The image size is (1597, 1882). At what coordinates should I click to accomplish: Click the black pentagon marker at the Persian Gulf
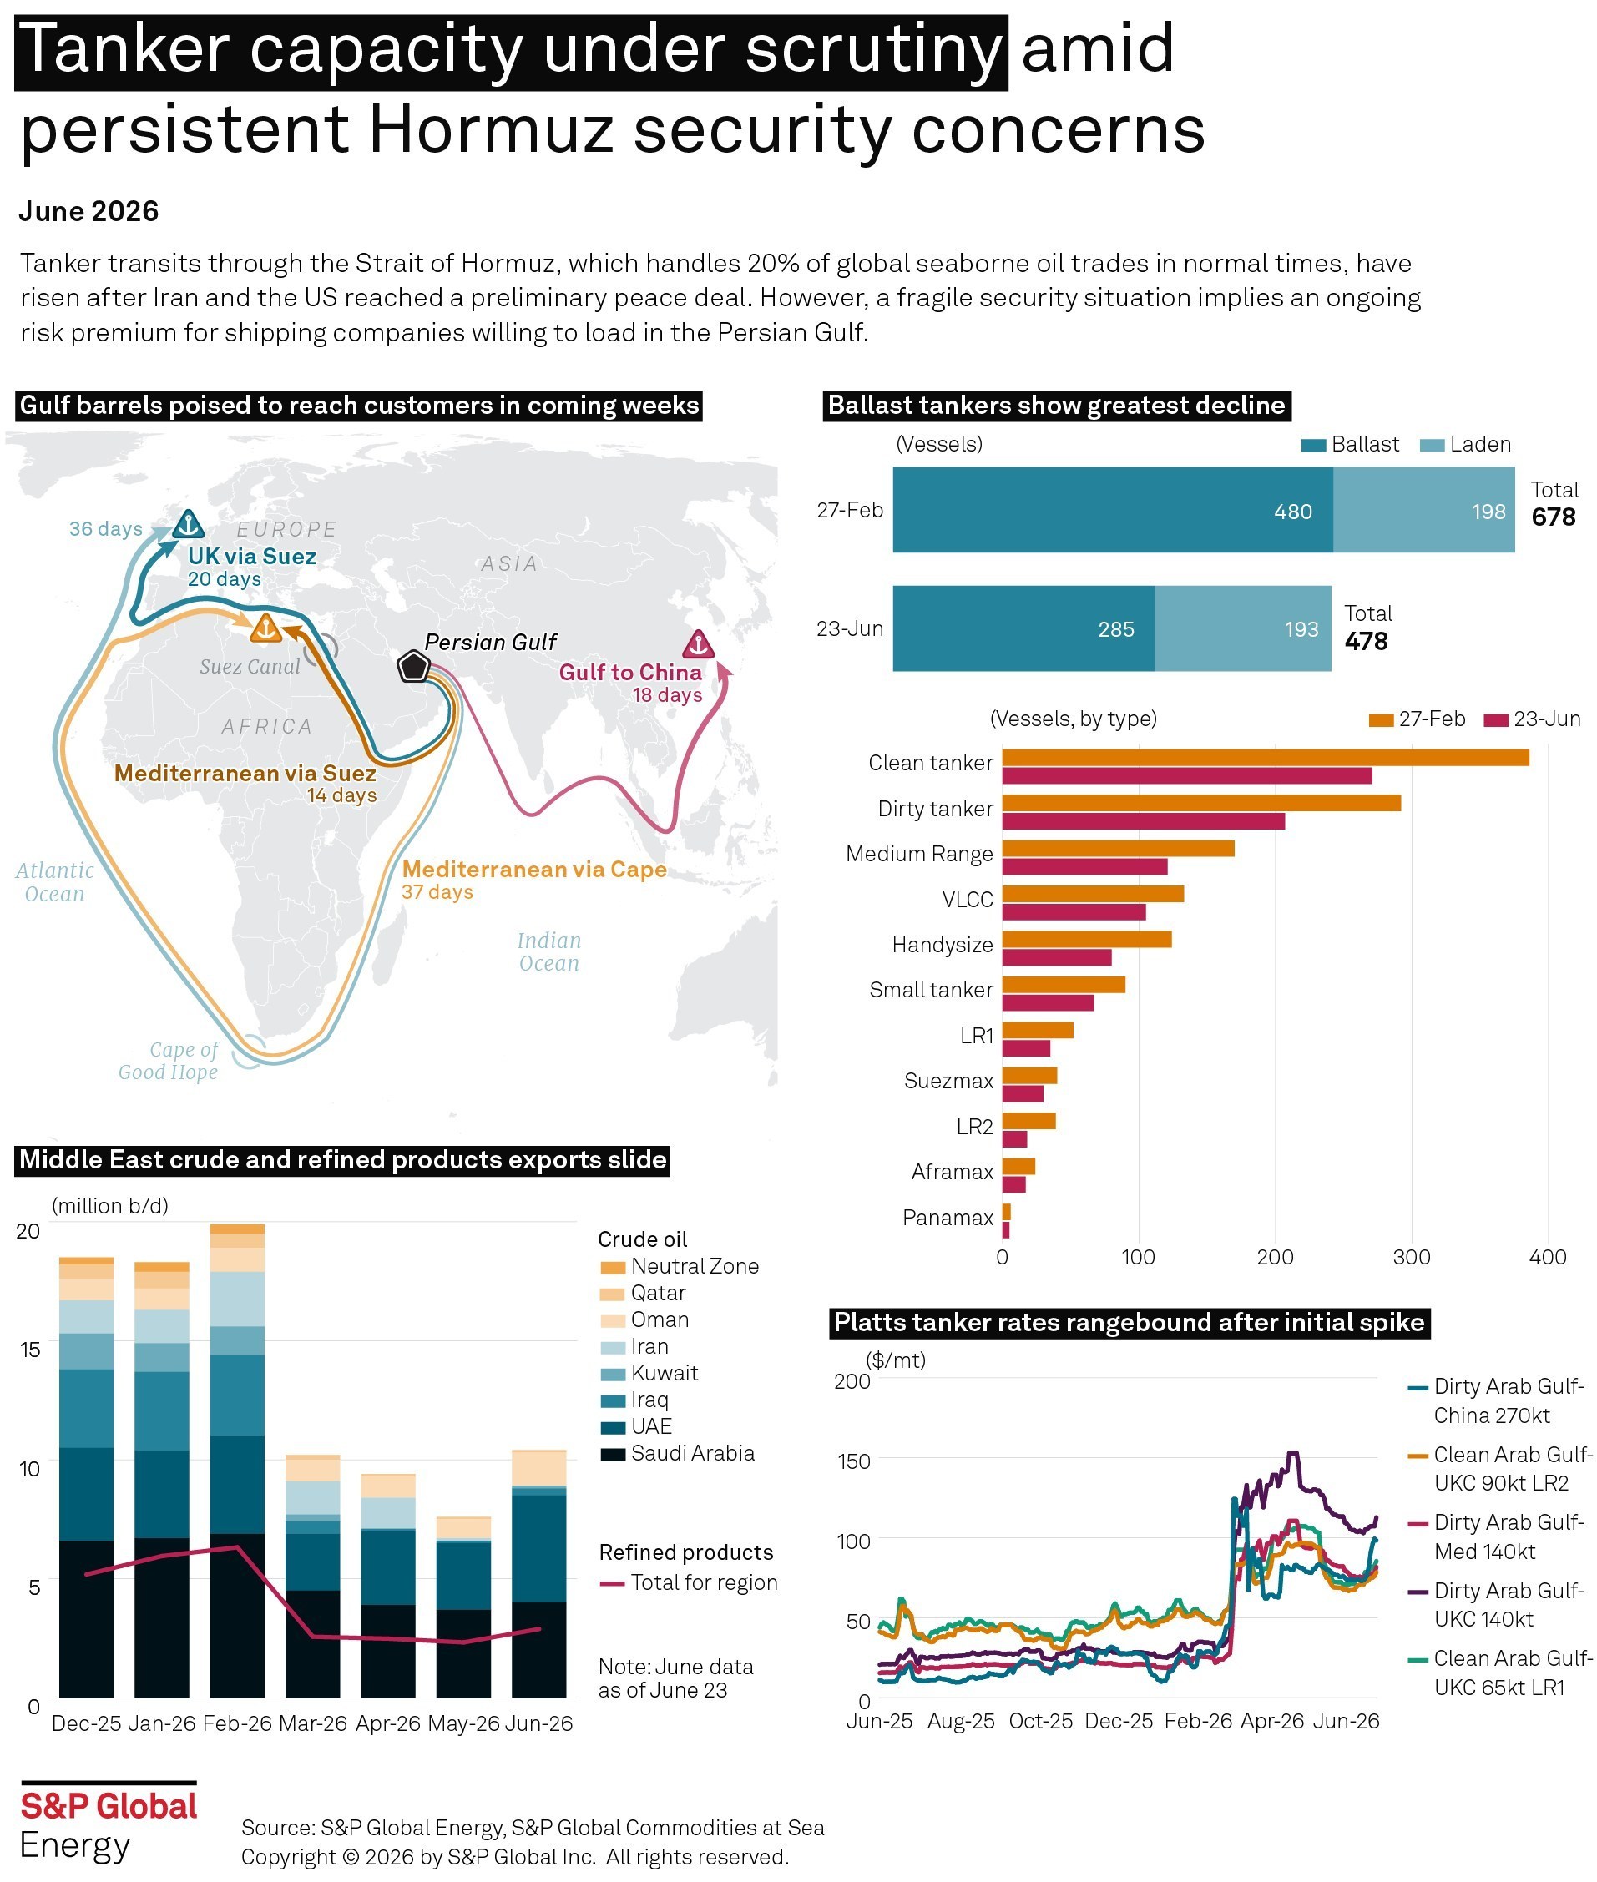(x=413, y=666)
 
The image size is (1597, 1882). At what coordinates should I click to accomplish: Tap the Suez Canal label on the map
(x=250, y=666)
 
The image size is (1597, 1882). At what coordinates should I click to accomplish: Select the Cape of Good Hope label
(x=169, y=1060)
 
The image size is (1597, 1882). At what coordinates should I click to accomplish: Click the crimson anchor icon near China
(x=697, y=644)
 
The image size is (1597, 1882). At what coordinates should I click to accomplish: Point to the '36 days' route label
(x=106, y=528)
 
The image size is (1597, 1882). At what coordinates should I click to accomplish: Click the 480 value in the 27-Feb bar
(x=1293, y=512)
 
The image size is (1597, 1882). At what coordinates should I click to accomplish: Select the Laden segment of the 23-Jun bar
(x=1242, y=628)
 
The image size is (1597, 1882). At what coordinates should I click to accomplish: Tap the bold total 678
(x=1554, y=517)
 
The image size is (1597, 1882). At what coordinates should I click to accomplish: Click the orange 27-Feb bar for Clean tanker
(x=1265, y=758)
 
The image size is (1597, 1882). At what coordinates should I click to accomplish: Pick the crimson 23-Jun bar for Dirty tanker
(x=1144, y=821)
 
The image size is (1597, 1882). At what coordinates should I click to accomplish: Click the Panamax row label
(x=948, y=1218)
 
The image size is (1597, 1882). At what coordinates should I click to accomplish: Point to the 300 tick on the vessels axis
(x=1412, y=1257)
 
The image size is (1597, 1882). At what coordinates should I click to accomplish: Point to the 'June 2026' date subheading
(x=88, y=211)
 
